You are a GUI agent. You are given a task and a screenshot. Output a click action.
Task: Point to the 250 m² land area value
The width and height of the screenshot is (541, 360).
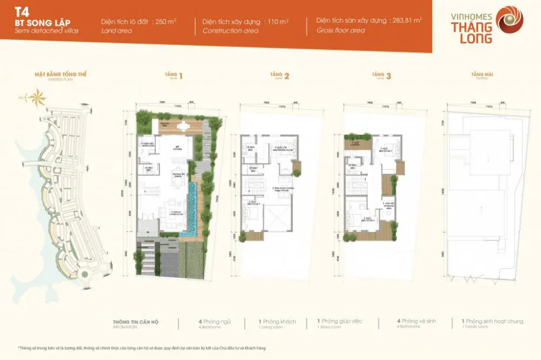163,22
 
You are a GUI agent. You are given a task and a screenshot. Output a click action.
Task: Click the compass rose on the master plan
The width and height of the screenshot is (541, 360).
37,98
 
